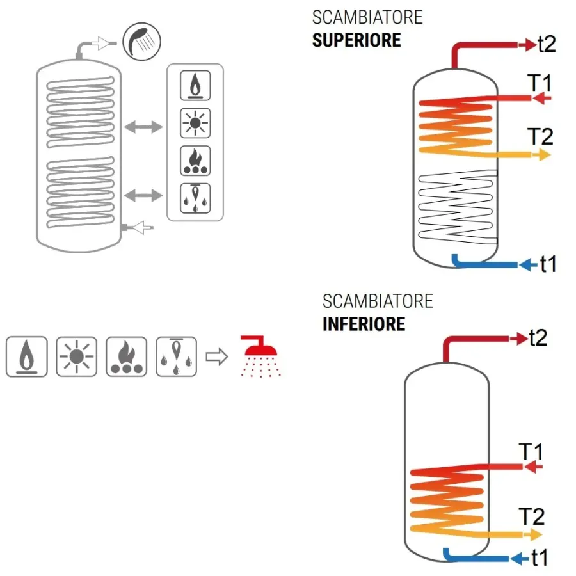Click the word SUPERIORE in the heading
click(x=356, y=40)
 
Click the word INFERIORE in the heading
click(x=364, y=323)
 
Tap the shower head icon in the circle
click(x=141, y=42)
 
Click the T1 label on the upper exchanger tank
click(x=540, y=84)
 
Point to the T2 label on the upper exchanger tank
click(x=540, y=136)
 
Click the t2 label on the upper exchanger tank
click(x=546, y=44)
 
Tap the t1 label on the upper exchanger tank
click(x=547, y=264)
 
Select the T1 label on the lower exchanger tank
click(x=531, y=452)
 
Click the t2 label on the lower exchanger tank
click(x=538, y=338)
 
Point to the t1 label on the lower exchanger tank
click(x=539, y=558)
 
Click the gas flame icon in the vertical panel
click(x=195, y=86)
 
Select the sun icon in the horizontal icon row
click(x=77, y=356)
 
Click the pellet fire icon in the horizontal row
click(x=127, y=356)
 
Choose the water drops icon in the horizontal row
click(x=177, y=356)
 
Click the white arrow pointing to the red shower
click(x=218, y=357)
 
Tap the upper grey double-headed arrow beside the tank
click(x=143, y=127)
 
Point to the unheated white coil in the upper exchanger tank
click(x=456, y=205)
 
